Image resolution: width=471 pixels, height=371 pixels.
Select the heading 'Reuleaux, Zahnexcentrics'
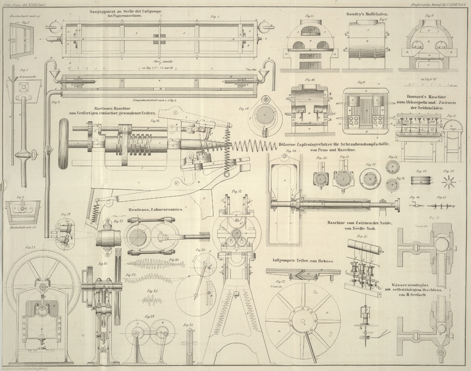(156, 209)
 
